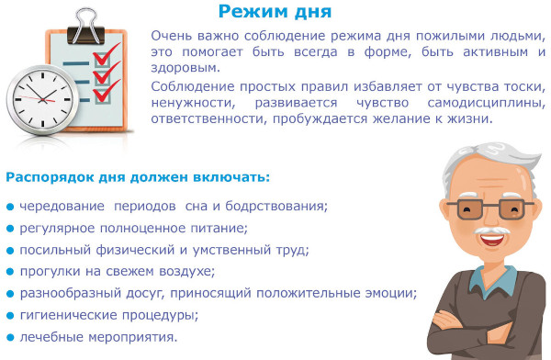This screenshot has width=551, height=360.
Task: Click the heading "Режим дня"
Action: click(275, 12)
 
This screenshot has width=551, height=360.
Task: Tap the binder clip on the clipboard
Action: click(90, 16)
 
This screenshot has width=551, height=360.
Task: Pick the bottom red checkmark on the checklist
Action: click(107, 90)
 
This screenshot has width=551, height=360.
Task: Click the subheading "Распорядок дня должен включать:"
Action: click(138, 176)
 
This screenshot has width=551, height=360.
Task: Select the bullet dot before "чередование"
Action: click(9, 205)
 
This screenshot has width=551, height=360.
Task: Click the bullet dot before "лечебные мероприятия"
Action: click(9, 337)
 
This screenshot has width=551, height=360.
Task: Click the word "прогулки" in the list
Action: click(51, 271)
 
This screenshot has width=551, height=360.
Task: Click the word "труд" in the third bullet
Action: click(292, 249)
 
